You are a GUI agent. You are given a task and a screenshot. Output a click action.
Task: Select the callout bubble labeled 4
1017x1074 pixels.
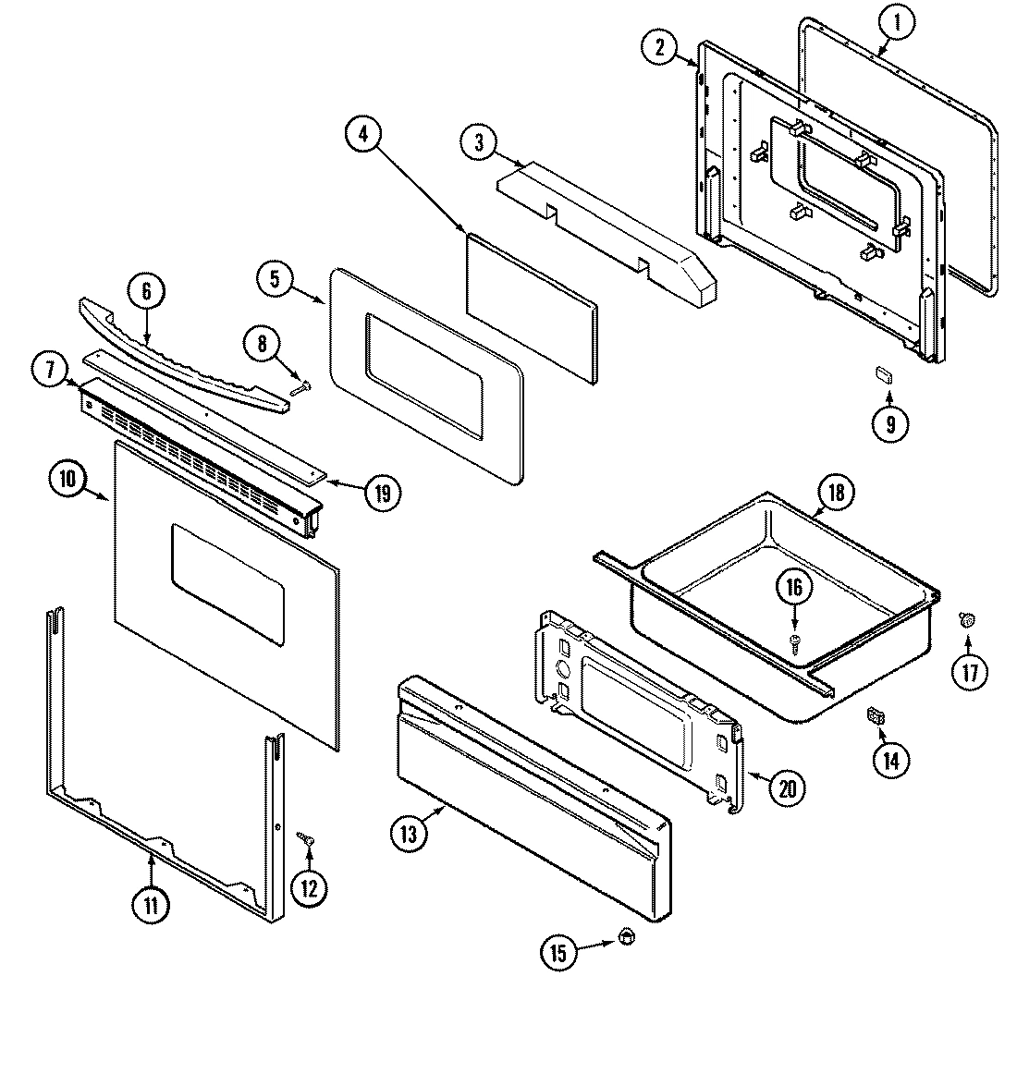[362, 134]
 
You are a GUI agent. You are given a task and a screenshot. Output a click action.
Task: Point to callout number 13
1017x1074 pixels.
[409, 833]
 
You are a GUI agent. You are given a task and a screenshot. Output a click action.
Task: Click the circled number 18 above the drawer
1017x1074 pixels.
[835, 493]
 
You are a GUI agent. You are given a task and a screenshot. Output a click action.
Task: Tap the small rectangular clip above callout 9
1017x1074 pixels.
[884, 373]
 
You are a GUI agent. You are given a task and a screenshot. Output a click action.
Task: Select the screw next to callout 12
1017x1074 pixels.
[305, 837]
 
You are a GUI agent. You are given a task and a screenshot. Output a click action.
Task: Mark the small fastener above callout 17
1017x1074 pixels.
[967, 620]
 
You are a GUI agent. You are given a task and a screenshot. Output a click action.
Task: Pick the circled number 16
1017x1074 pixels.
[796, 587]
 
